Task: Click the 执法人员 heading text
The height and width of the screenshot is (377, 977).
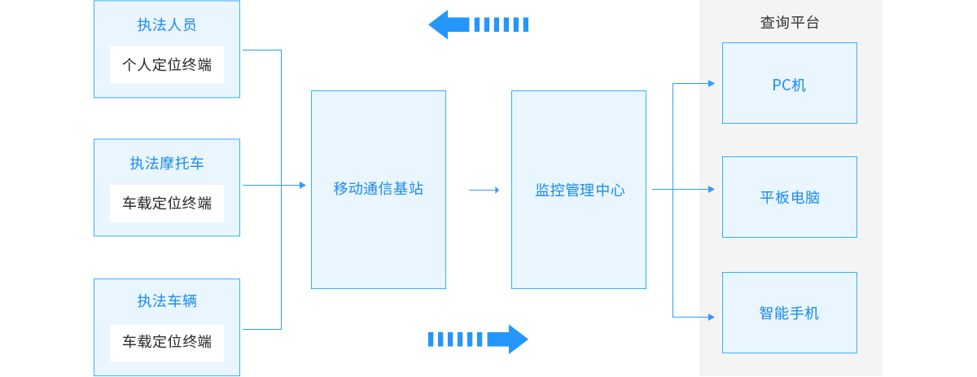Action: click(167, 24)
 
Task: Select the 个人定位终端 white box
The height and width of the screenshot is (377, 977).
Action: click(167, 64)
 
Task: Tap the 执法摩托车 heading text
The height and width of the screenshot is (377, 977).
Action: click(167, 163)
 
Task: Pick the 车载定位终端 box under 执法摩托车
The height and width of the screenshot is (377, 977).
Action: click(167, 204)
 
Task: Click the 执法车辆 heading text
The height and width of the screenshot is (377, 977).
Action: click(167, 300)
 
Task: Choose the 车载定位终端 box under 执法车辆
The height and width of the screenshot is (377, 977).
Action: click(167, 342)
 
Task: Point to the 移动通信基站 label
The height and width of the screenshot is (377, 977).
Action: click(379, 189)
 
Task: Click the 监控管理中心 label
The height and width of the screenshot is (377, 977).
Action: click(579, 190)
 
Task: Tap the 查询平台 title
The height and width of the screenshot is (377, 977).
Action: click(790, 23)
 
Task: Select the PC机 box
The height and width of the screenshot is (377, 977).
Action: click(789, 84)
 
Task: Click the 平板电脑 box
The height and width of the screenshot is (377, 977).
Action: click(789, 197)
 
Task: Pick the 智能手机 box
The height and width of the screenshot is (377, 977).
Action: click(789, 313)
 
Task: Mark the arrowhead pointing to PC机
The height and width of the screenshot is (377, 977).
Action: click(711, 83)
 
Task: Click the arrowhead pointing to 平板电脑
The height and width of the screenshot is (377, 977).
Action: click(711, 189)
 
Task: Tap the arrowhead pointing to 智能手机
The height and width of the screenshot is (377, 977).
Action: click(711, 317)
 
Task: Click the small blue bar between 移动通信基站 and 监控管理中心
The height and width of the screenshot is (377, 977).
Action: click(480, 190)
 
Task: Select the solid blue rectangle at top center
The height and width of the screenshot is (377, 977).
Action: click(478, 24)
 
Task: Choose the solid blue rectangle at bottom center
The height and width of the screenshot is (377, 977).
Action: click(479, 340)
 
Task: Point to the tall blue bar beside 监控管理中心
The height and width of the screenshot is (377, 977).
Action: click(674, 199)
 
